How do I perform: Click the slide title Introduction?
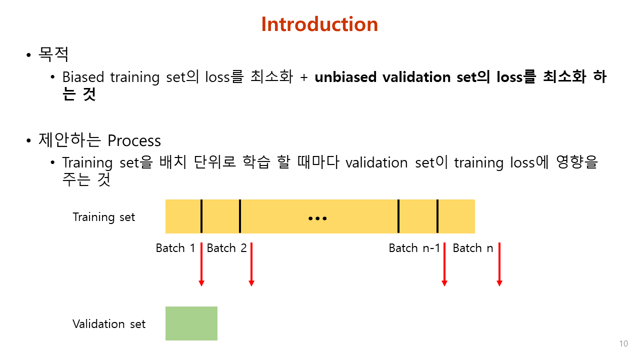click(319, 24)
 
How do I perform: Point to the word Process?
click(134, 140)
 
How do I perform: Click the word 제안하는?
click(70, 140)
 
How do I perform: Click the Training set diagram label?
click(104, 217)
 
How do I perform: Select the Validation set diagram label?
click(109, 324)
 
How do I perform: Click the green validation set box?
click(191, 323)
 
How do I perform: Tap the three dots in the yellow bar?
click(317, 218)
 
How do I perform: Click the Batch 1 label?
click(175, 248)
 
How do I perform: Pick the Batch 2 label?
click(226, 248)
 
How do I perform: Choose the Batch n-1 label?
click(414, 248)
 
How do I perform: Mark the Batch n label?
click(472, 248)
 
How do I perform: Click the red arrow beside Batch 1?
click(201, 264)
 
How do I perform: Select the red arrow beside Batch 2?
click(251, 264)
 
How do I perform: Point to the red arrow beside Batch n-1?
click(444, 264)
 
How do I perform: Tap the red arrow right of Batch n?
click(499, 264)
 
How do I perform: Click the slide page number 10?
click(623, 343)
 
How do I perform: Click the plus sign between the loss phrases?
click(303, 77)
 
